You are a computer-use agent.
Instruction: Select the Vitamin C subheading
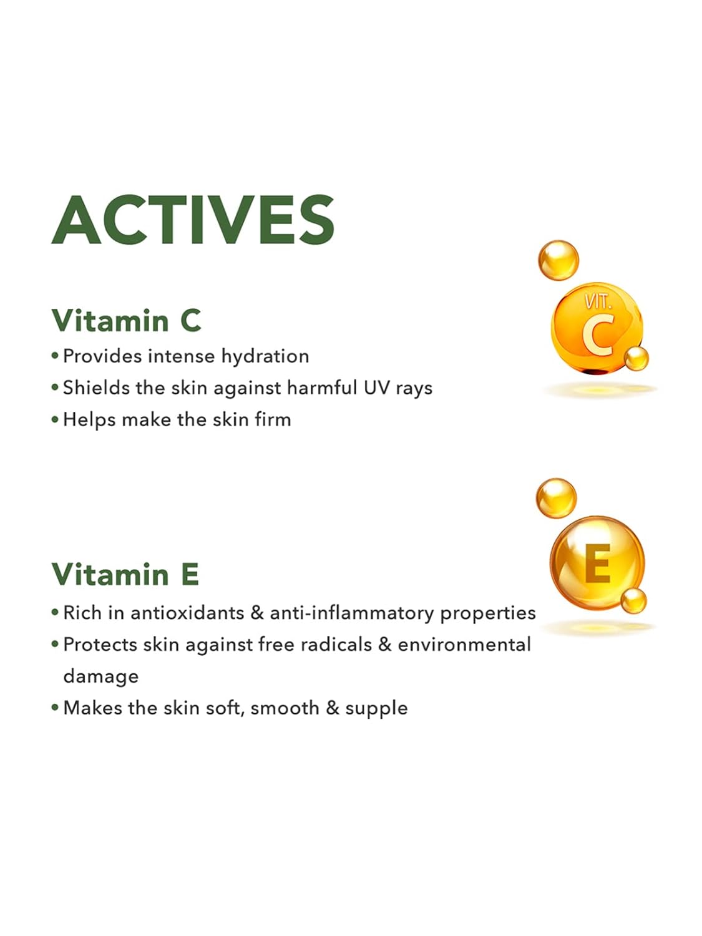[x=126, y=320]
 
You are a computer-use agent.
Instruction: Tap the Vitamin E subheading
[x=125, y=574]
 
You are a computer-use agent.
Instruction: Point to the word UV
[x=376, y=388]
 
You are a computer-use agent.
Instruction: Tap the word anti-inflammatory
[x=352, y=613]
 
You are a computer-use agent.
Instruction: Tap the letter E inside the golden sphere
[x=598, y=563]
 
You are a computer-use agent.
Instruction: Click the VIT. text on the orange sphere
[x=598, y=302]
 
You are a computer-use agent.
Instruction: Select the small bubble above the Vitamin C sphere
[x=558, y=260]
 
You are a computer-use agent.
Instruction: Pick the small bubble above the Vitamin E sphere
[x=556, y=498]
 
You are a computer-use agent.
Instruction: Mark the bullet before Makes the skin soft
[x=54, y=708]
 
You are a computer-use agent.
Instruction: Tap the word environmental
[x=464, y=645]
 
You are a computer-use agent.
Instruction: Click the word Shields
[x=96, y=388]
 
